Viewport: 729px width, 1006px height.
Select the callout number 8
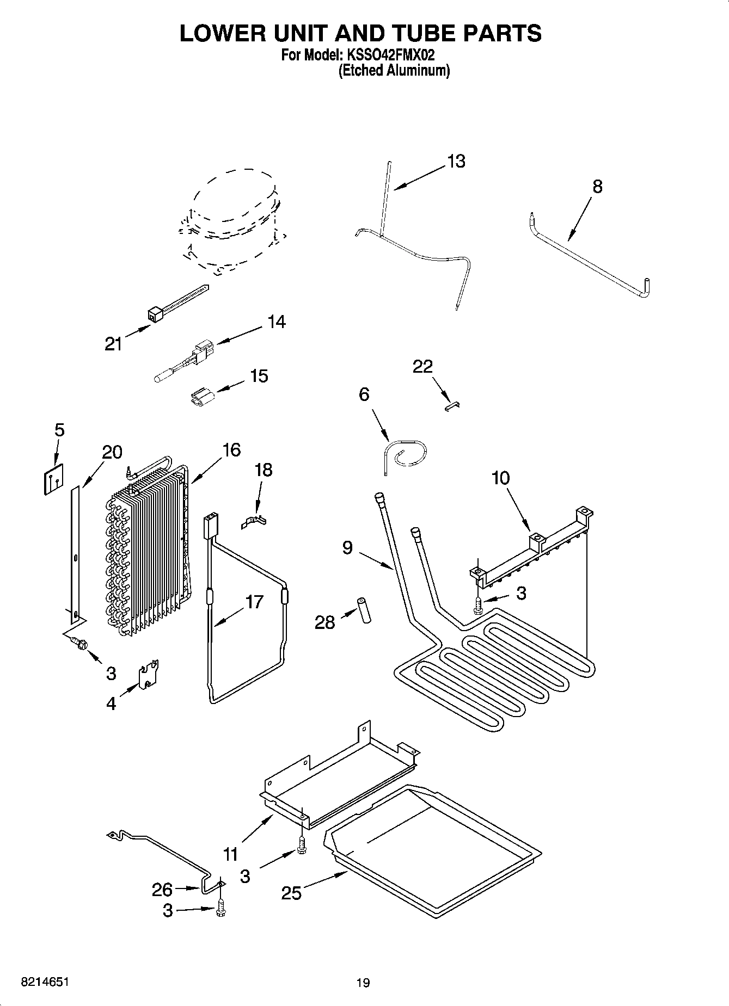pyautogui.click(x=597, y=187)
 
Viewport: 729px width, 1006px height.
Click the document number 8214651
pyautogui.click(x=45, y=982)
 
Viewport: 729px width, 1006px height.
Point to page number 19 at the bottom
pyautogui.click(x=363, y=983)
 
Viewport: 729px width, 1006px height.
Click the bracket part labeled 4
pyautogui.click(x=149, y=674)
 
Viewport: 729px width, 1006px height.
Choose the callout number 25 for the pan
pyautogui.click(x=291, y=893)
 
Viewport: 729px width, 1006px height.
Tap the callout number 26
pyautogui.click(x=162, y=890)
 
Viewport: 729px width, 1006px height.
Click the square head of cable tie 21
pyautogui.click(x=155, y=315)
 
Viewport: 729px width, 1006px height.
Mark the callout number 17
pyautogui.click(x=254, y=602)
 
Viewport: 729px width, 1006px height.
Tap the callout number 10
pyautogui.click(x=500, y=478)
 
